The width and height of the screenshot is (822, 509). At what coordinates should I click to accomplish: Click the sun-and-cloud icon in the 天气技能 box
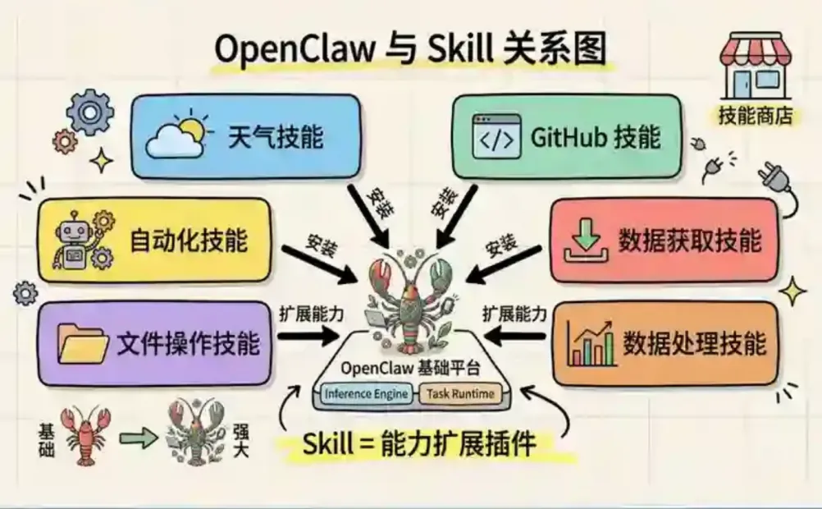click(x=174, y=135)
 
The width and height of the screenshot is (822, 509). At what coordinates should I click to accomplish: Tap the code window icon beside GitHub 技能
click(x=495, y=137)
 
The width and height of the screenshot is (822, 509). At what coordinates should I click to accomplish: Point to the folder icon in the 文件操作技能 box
click(x=82, y=342)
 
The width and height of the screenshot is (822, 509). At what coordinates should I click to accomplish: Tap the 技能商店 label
click(x=756, y=116)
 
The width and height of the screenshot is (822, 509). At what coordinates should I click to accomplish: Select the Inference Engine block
click(x=366, y=394)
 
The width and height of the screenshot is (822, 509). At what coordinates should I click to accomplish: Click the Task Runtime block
click(x=460, y=394)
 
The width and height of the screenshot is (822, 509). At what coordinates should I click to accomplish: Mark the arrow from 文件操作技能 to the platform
click(x=308, y=335)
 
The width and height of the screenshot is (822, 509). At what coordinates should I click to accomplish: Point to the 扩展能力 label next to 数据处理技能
click(x=514, y=313)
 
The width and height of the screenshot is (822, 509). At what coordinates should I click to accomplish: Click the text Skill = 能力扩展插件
click(x=419, y=445)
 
